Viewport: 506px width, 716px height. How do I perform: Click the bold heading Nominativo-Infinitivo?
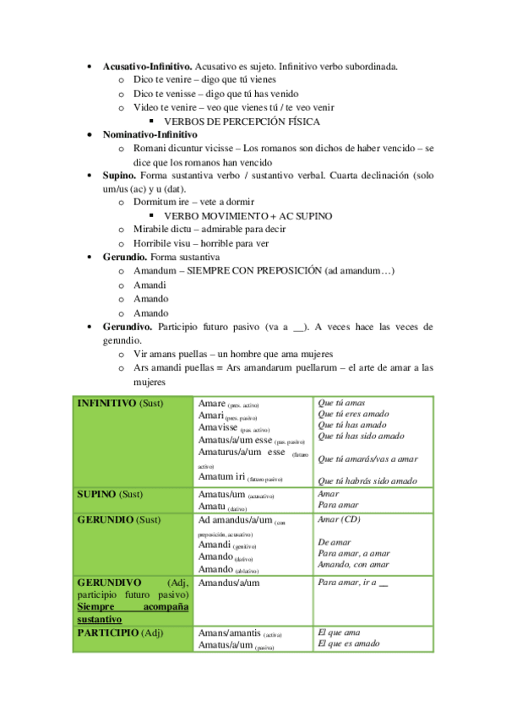tap(150, 135)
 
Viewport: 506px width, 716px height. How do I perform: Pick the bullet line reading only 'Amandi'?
tap(150, 285)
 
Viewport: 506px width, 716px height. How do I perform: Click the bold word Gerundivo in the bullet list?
tap(128, 327)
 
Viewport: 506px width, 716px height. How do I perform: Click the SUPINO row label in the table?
tap(96, 493)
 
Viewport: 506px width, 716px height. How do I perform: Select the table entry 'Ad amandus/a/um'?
tap(235, 520)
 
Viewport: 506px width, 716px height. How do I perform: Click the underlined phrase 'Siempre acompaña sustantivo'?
tap(132, 613)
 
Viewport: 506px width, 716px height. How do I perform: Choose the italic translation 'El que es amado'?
tap(348, 643)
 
